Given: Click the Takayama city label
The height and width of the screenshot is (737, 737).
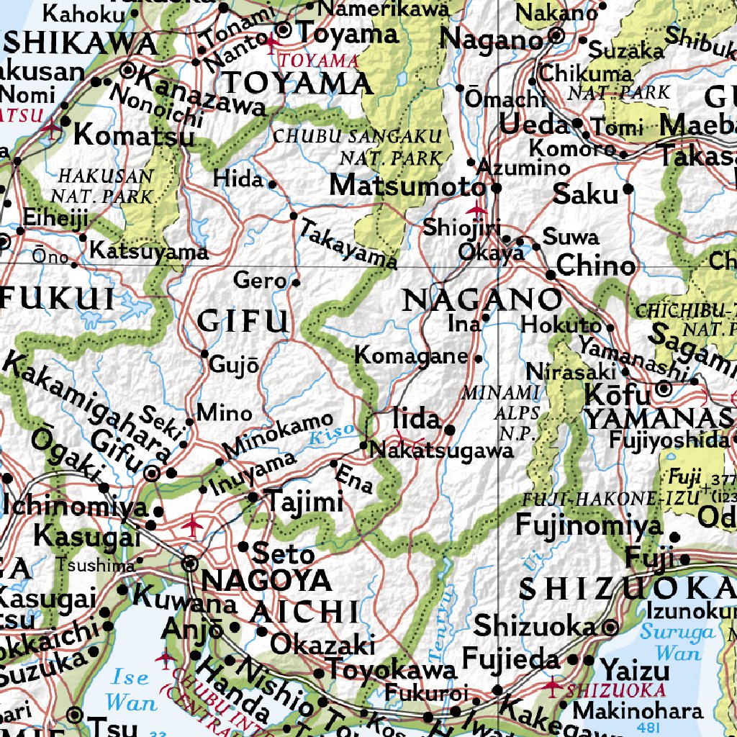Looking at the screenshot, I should (x=348, y=245).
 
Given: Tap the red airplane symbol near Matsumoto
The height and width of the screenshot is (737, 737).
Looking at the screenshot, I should (x=476, y=209).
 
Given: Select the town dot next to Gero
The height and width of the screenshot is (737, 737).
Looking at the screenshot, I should (x=296, y=282).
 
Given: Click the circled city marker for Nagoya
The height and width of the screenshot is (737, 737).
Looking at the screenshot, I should (x=190, y=564).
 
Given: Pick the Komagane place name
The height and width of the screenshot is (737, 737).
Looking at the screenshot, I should (x=411, y=356).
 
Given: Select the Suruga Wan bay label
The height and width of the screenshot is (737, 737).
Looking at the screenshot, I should (x=677, y=643).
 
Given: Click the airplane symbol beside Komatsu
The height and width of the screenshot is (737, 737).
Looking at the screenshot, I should (x=51, y=127).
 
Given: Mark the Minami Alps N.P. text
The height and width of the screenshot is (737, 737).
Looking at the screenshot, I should (x=511, y=413).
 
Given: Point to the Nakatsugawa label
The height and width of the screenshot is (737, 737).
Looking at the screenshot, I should (x=441, y=451).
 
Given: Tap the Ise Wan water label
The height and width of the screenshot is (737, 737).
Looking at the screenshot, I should (x=130, y=689).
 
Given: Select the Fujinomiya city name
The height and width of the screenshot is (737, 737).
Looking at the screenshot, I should (x=589, y=525).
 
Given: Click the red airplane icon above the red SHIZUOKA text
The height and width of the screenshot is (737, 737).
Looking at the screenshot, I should (x=553, y=684).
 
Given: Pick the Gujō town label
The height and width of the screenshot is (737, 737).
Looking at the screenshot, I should (x=233, y=364).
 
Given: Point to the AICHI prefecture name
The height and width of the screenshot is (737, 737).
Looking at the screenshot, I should (x=304, y=611).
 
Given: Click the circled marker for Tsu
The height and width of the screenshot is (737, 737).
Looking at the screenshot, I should (x=75, y=715).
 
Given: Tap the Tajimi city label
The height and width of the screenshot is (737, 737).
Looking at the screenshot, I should (x=302, y=501).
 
